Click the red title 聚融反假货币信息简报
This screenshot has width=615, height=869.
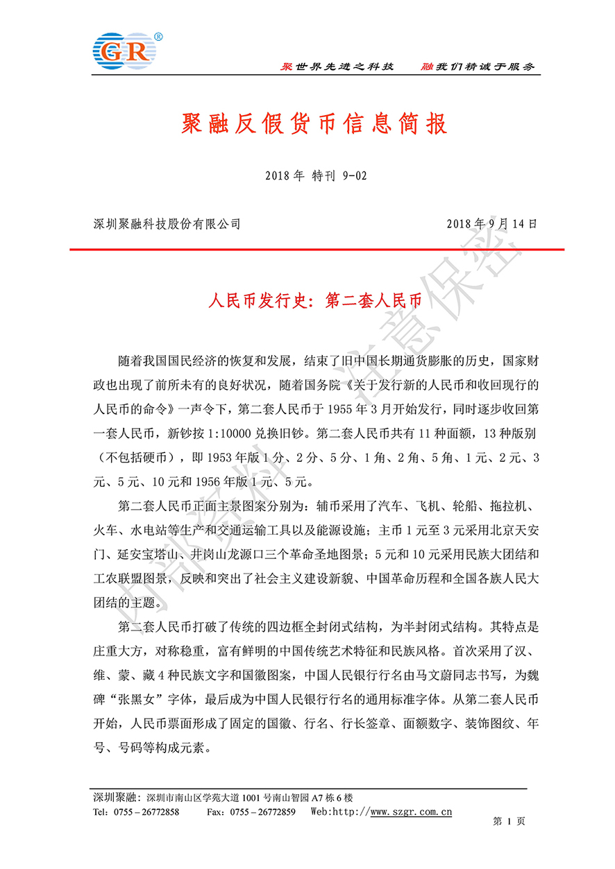(x=307, y=124)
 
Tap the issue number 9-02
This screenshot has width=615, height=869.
(x=354, y=176)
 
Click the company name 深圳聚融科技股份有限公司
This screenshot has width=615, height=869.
(x=167, y=224)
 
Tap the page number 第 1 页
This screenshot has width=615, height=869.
(x=509, y=820)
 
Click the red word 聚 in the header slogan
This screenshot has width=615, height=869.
(x=285, y=67)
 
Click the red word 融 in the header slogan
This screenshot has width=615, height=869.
(x=428, y=67)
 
